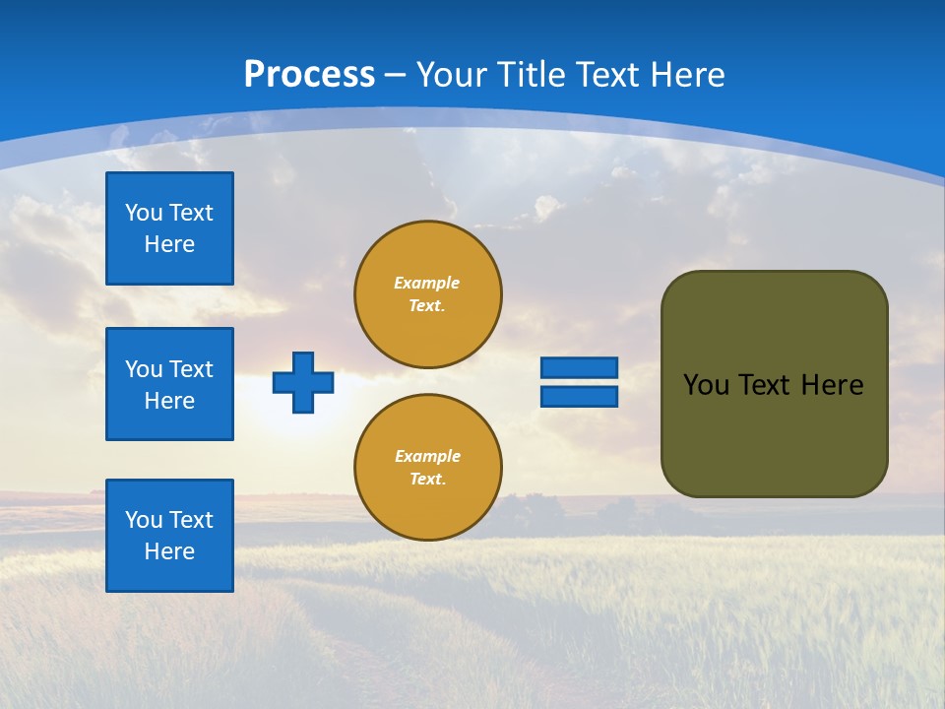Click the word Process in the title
click(309, 75)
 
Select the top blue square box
click(169, 228)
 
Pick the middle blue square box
click(169, 384)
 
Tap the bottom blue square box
click(169, 536)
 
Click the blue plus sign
click(302, 382)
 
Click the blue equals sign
click(579, 382)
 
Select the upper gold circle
click(428, 294)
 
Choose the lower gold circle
click(428, 468)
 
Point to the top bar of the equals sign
click(579, 368)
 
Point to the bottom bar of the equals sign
click(579, 397)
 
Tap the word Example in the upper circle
click(427, 283)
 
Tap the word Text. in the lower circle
click(427, 480)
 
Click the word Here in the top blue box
click(169, 244)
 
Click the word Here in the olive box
click(832, 385)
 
